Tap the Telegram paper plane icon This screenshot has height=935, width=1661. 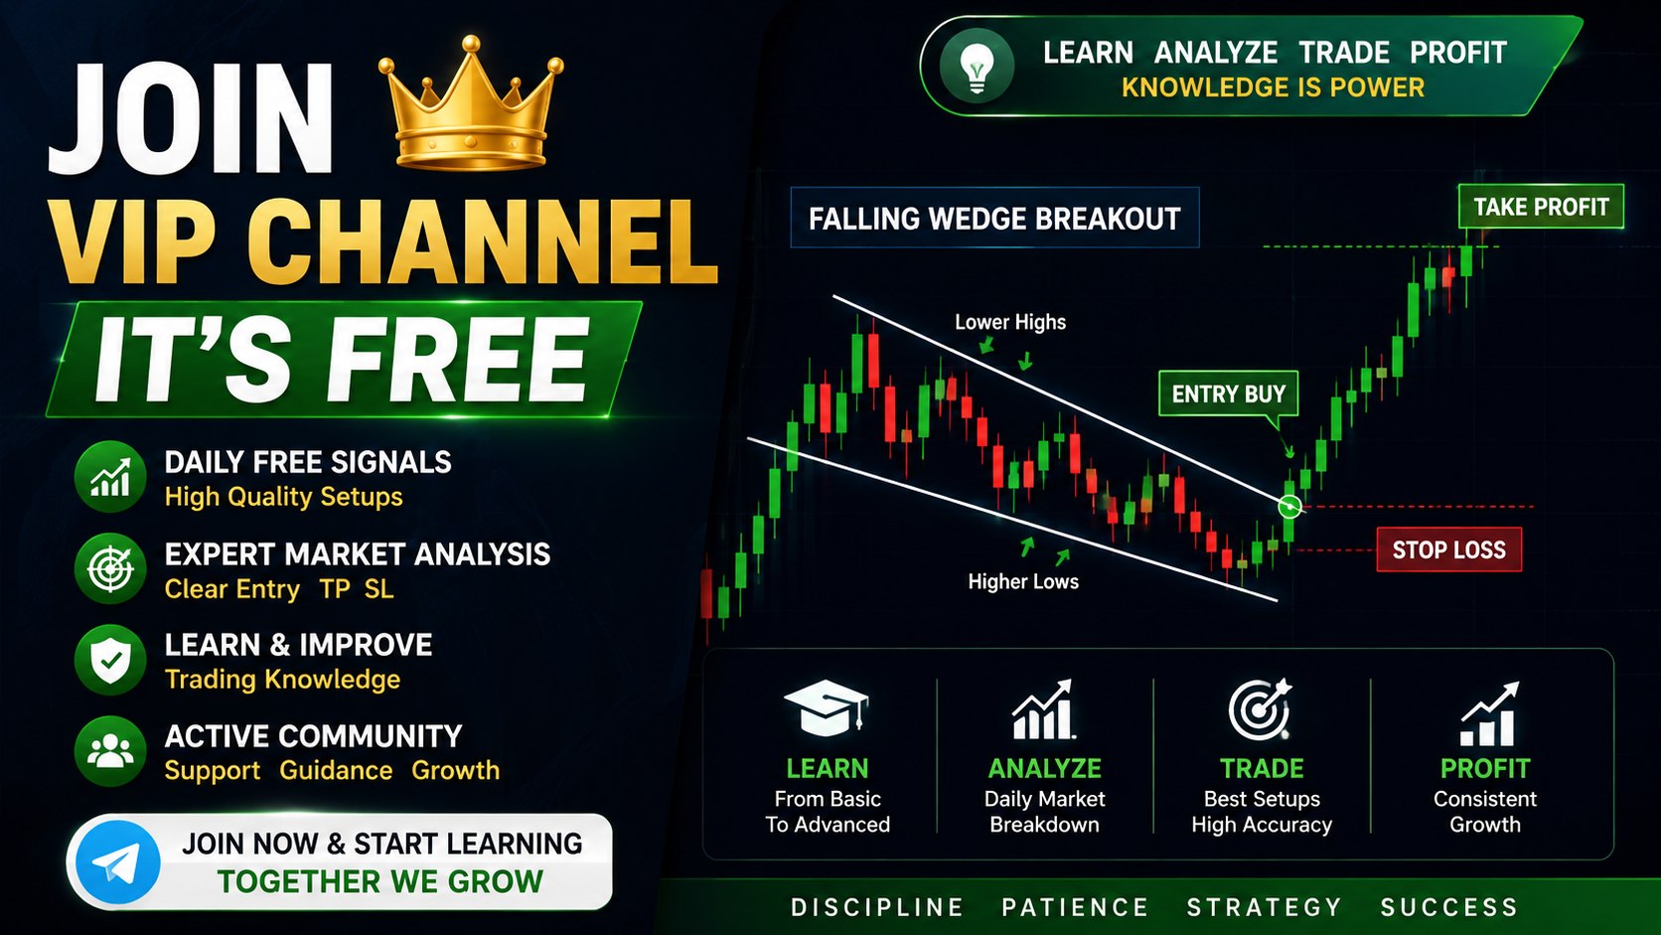click(118, 862)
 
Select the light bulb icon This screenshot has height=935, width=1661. click(977, 66)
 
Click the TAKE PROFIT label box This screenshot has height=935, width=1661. click(1541, 206)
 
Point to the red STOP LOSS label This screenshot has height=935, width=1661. click(1449, 549)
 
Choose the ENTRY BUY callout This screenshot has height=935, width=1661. click(1228, 393)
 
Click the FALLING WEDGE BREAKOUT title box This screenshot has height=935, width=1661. click(994, 218)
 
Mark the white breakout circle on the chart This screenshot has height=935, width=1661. click(1289, 507)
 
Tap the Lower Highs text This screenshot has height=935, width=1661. click(1010, 322)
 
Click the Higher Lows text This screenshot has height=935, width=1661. click(1023, 581)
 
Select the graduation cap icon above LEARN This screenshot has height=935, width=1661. click(827, 707)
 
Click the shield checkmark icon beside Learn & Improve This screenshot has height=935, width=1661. click(110, 660)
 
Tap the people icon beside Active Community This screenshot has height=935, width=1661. click(110, 751)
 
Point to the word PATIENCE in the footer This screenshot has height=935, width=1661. click(1075, 907)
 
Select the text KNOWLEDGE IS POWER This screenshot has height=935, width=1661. click(1273, 87)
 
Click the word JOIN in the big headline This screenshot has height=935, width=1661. click(191, 118)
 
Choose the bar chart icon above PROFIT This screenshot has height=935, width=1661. click(1489, 713)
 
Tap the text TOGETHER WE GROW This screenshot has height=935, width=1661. click(380, 881)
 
